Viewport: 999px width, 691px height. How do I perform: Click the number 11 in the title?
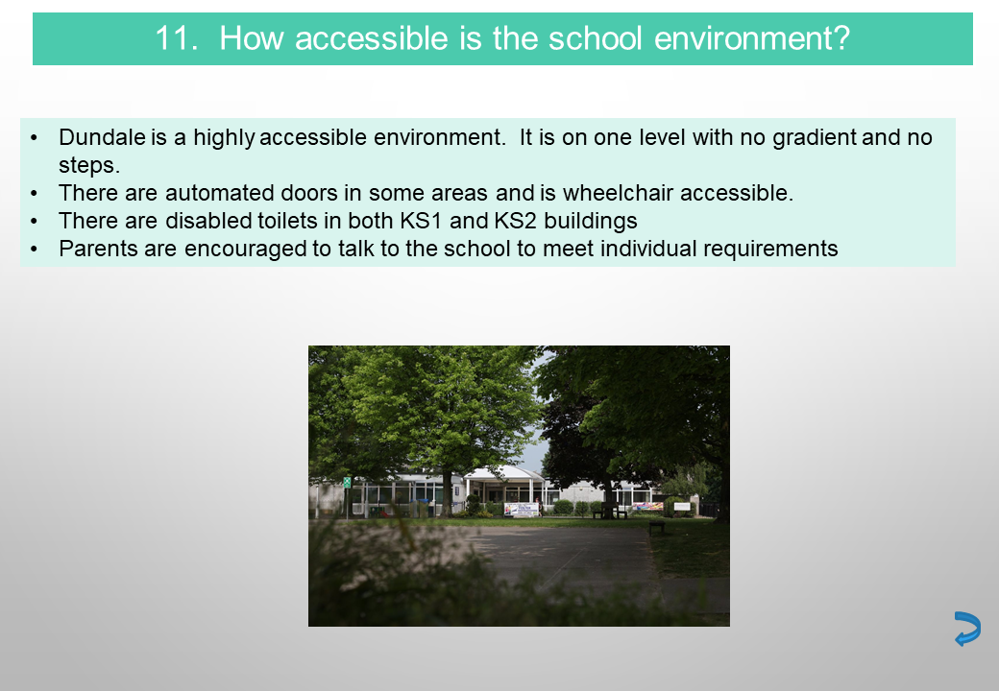(173, 38)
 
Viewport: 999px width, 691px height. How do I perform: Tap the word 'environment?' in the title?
(752, 38)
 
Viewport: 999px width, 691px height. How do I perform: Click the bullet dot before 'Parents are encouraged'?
(35, 249)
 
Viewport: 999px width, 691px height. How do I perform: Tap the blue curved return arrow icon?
(967, 629)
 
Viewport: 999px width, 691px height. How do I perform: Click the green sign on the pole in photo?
(347, 483)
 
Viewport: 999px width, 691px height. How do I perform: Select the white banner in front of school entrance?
(522, 509)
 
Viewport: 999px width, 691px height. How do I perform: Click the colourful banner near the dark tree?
(648, 507)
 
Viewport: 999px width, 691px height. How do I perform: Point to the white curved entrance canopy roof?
(503, 473)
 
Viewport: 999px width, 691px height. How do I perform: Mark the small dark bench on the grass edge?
(657, 527)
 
